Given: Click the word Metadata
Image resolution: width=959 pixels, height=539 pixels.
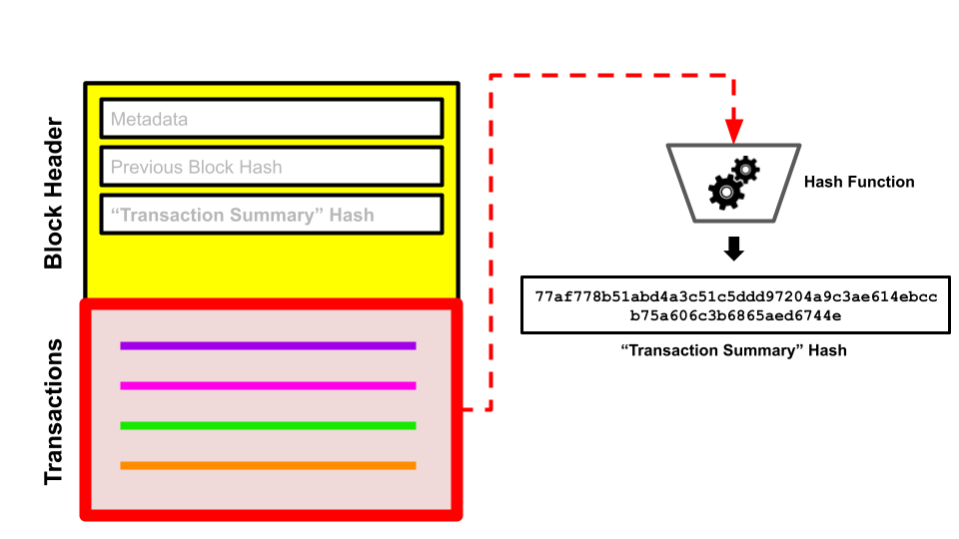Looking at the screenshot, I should pyautogui.click(x=149, y=120).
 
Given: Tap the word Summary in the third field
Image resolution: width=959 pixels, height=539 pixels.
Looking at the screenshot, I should pyautogui.click(x=281, y=215).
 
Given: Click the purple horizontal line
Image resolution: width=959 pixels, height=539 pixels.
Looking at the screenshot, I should pyautogui.click(x=268, y=345).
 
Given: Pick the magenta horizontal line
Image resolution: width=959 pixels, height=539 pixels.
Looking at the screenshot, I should pyautogui.click(x=268, y=385).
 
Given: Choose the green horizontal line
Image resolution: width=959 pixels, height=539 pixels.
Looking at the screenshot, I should pyautogui.click(x=268, y=425).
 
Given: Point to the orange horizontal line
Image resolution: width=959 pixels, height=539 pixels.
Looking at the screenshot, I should pyautogui.click(x=268, y=465).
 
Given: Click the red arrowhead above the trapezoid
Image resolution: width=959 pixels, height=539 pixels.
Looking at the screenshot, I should pyautogui.click(x=734, y=132).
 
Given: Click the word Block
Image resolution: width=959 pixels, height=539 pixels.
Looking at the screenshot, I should pyautogui.click(x=212, y=167).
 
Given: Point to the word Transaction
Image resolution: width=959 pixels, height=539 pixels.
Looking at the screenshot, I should pyautogui.click(x=168, y=215).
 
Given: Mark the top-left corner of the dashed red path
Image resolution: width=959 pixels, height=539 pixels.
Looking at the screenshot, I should pyautogui.click(x=490, y=76).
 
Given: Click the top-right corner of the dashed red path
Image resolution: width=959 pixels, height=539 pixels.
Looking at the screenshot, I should pyautogui.click(x=734, y=76).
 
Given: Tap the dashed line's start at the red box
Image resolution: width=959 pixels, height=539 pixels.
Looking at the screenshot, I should pyautogui.click(x=467, y=409).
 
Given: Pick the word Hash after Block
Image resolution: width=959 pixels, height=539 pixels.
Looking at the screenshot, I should pyautogui.click(x=262, y=167).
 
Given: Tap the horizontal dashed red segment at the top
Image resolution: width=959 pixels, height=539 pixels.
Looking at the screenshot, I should pyautogui.click(x=611, y=76).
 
